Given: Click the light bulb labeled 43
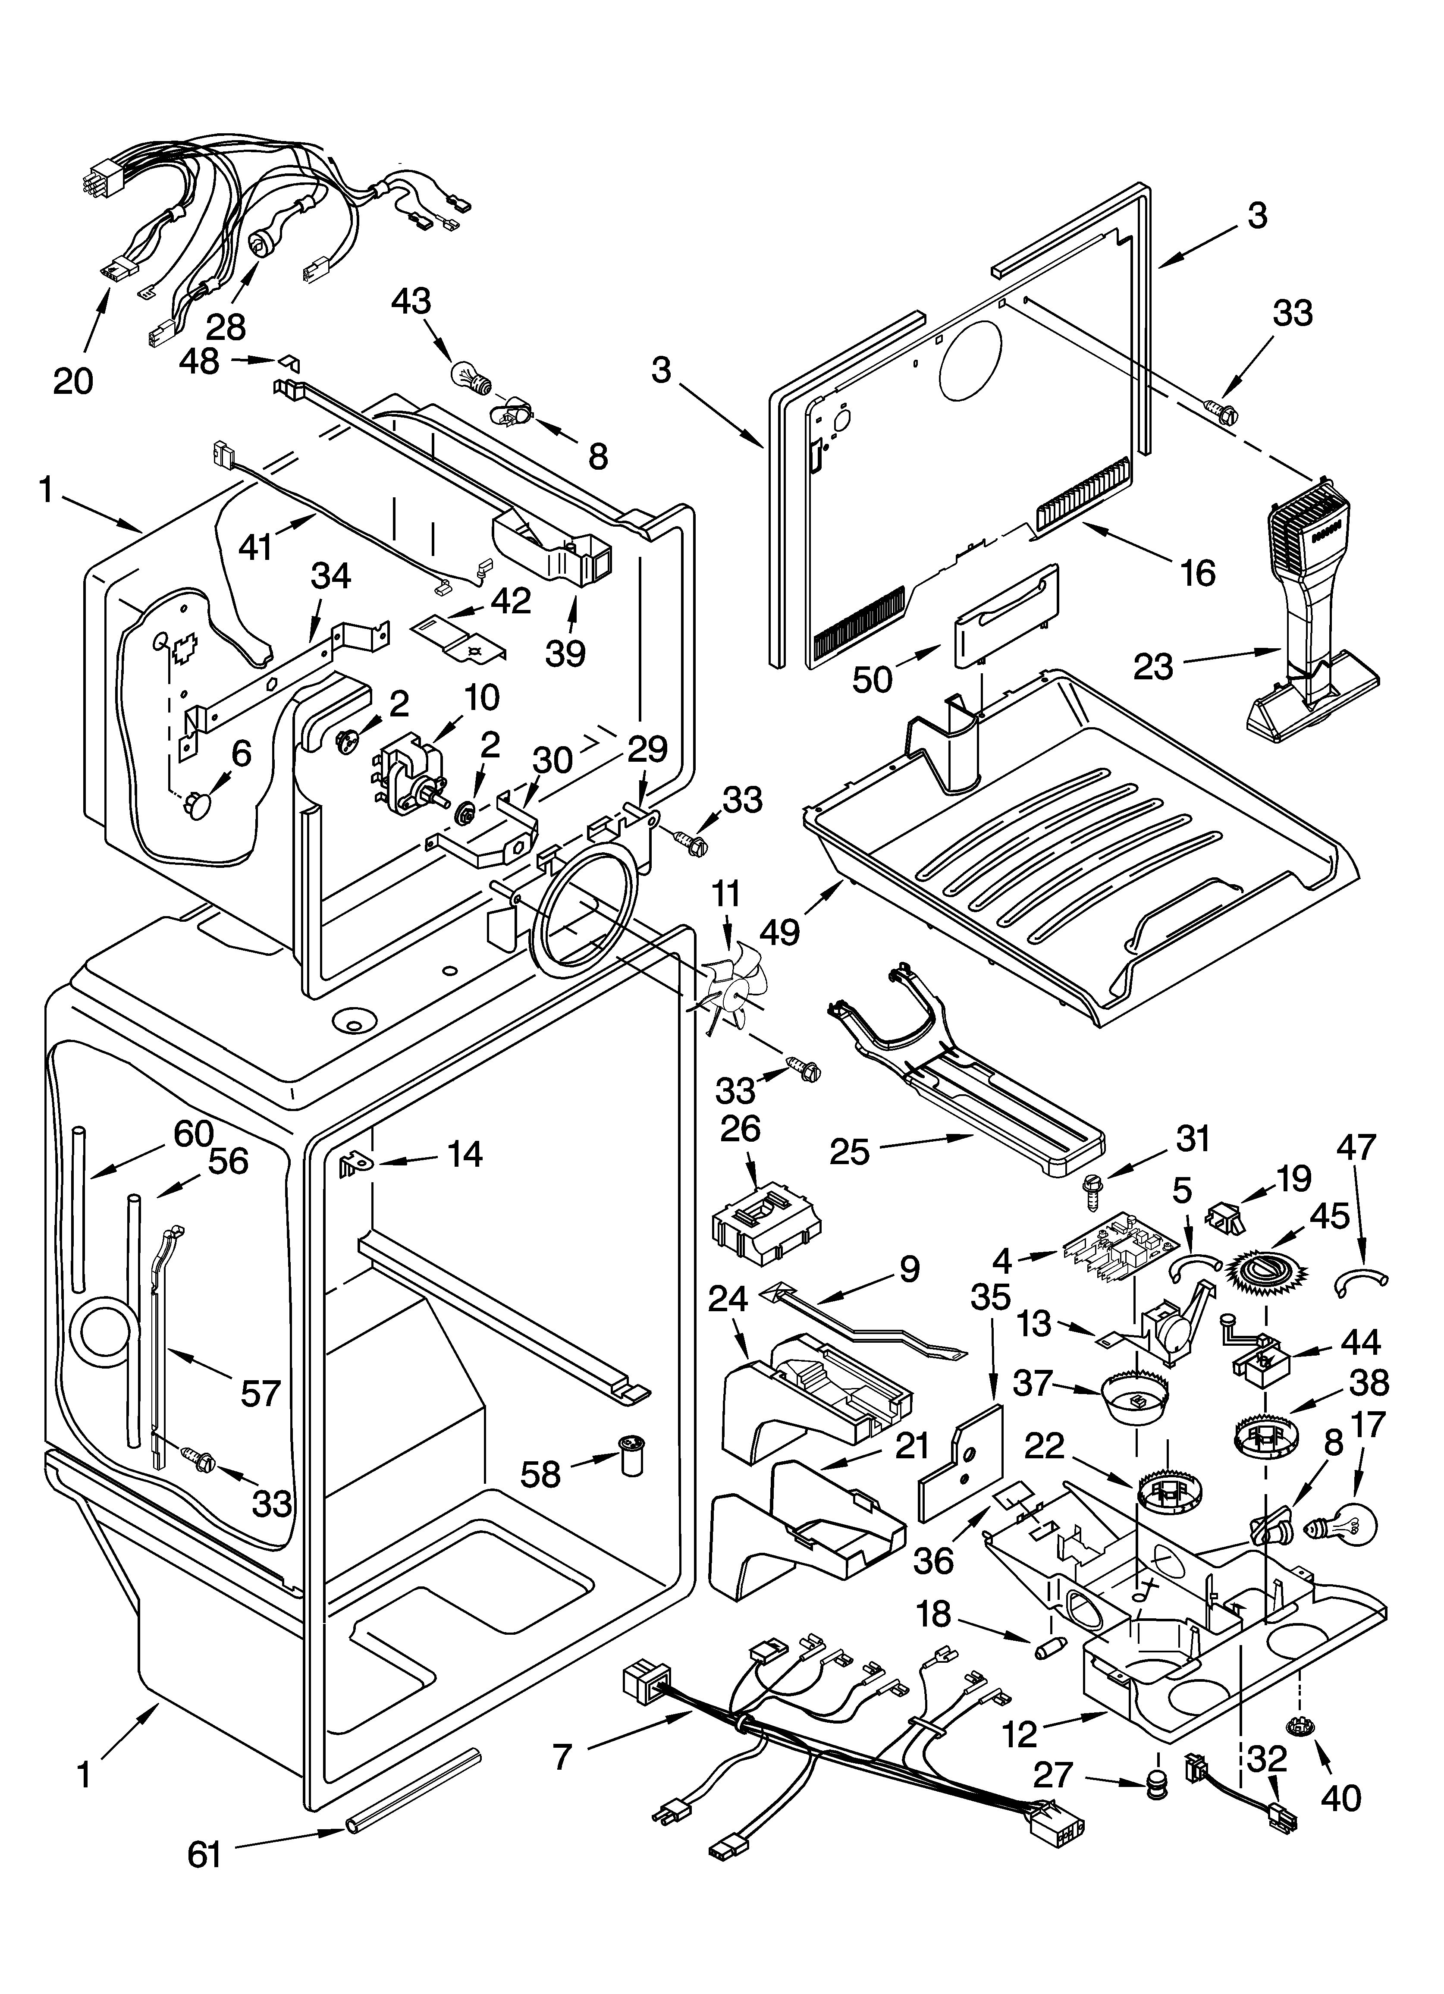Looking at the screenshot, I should [x=465, y=375].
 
